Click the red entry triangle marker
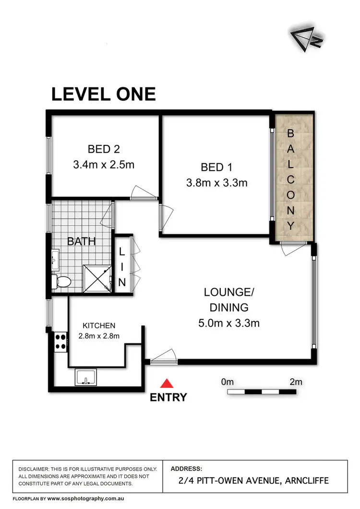(167, 383)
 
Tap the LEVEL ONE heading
(104, 94)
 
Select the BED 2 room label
(104, 148)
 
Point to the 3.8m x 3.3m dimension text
(216, 183)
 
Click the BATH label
(81, 241)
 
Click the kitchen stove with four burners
(60, 341)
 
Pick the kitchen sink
(86, 377)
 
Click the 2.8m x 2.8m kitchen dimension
(99, 336)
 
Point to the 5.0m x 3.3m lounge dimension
(229, 323)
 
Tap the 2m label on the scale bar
(296, 382)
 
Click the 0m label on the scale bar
(228, 382)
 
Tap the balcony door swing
(290, 248)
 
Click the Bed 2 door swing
(144, 193)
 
